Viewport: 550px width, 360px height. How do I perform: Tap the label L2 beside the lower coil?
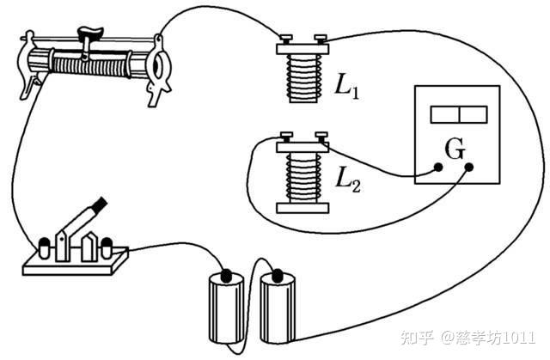pos(345,180)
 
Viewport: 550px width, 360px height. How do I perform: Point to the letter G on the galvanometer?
pos(455,149)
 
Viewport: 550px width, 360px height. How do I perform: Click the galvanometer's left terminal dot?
pos(438,169)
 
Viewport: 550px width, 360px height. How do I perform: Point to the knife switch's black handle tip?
pos(101,205)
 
